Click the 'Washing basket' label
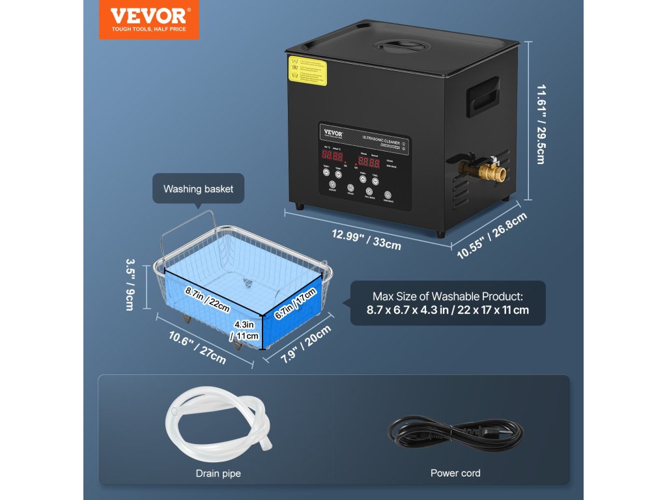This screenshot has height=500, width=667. click(198, 189)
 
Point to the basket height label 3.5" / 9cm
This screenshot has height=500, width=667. click(130, 284)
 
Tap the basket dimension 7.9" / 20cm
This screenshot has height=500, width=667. click(299, 345)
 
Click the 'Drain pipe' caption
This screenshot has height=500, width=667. click(218, 473)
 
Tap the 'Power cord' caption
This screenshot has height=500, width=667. click(455, 473)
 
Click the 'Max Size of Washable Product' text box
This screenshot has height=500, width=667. click(447, 303)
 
